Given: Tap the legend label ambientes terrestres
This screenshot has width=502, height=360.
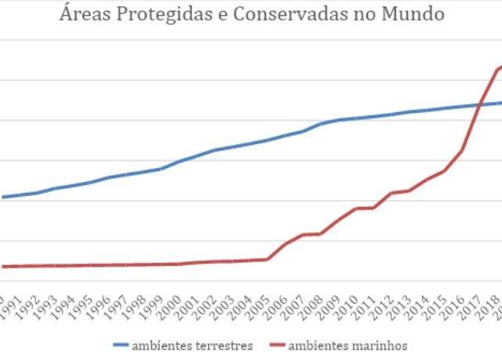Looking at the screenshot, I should (x=192, y=345).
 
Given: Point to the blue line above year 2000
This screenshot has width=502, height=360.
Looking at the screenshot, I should (x=180, y=162).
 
